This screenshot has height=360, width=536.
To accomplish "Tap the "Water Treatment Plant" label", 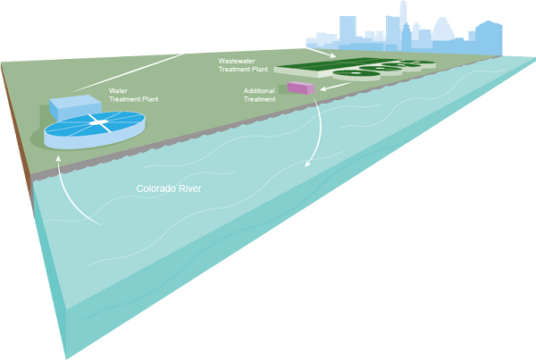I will point(135,95).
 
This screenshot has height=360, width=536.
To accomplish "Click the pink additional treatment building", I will point(301,88).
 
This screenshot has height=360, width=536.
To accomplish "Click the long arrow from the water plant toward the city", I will point(134,71).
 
